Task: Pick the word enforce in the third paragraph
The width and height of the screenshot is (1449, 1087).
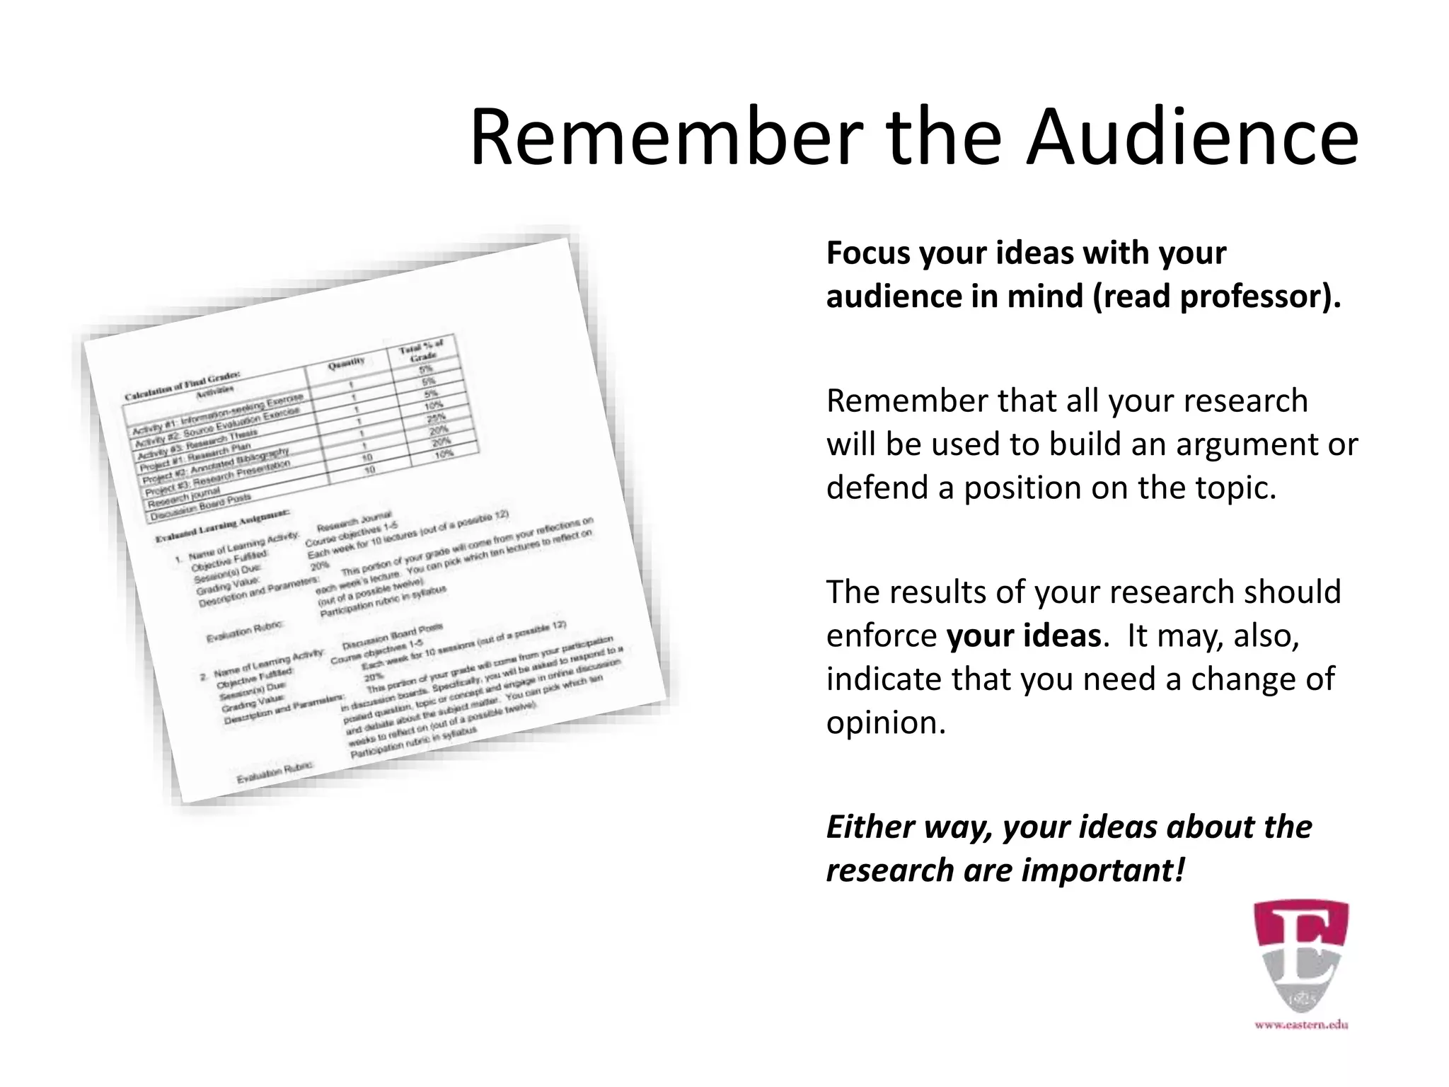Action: (x=882, y=635)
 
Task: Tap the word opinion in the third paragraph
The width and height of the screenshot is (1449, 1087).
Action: (x=885, y=723)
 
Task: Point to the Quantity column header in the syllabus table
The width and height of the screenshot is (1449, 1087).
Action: (x=346, y=364)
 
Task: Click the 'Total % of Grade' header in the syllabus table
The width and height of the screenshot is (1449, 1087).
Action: (x=422, y=350)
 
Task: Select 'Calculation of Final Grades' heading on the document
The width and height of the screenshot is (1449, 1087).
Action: (x=183, y=385)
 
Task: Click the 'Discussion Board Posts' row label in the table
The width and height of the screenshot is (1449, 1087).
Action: (x=200, y=507)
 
